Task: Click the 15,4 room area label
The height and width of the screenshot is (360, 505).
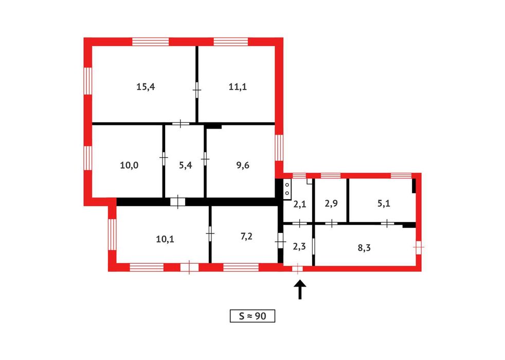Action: pyautogui.click(x=146, y=86)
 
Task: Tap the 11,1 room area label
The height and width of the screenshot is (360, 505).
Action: pyautogui.click(x=238, y=86)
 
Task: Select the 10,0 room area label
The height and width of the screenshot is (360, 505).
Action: pyautogui.click(x=129, y=165)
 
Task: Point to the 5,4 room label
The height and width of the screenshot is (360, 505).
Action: pyautogui.click(x=186, y=165)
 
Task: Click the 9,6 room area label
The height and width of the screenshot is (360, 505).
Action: pyautogui.click(x=243, y=165)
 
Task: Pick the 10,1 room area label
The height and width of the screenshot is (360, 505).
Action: pyautogui.click(x=165, y=239)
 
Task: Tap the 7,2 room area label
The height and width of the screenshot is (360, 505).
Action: pyautogui.click(x=246, y=237)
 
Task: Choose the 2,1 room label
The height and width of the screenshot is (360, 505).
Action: pyautogui.click(x=299, y=204)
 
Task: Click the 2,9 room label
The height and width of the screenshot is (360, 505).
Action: pyautogui.click(x=331, y=204)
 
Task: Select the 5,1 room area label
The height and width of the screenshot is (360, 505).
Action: pyautogui.click(x=384, y=204)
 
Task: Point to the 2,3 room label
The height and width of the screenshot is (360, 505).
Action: pyautogui.click(x=299, y=246)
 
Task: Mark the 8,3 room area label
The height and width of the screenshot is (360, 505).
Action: pyautogui.click(x=364, y=247)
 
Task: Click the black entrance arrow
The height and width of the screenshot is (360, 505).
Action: pyautogui.click(x=300, y=289)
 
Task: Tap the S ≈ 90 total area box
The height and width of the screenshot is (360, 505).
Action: pyautogui.click(x=252, y=316)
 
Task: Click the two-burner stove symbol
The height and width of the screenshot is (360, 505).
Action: pyautogui.click(x=287, y=189)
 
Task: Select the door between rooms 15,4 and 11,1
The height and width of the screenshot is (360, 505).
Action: pyautogui.click(x=197, y=90)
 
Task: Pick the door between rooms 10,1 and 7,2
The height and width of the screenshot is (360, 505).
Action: pyautogui.click(x=210, y=232)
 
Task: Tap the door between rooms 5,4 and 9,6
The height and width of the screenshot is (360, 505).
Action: pyautogui.click(x=205, y=158)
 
